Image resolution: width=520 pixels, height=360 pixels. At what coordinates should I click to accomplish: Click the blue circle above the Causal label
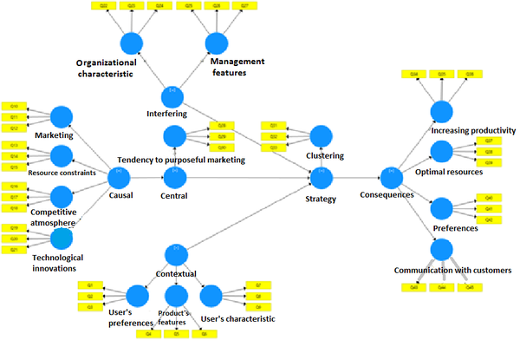click(x=118, y=178)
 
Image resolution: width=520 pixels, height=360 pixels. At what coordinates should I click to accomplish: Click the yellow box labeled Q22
click(x=103, y=6)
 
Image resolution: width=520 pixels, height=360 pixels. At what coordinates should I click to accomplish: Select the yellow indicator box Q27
click(x=245, y=6)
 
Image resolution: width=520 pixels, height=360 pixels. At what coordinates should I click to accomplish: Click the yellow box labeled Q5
click(x=177, y=333)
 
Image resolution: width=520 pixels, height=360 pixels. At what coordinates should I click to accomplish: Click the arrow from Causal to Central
click(x=146, y=178)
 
